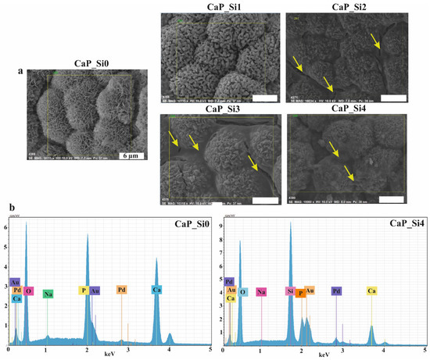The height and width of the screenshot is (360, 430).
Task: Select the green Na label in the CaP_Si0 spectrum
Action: pyautogui.click(x=48, y=294)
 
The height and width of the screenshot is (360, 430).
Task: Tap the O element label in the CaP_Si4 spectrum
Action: pyautogui.click(x=243, y=291)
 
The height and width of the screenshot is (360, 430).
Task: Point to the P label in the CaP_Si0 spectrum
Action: pyautogui.click(x=81, y=290)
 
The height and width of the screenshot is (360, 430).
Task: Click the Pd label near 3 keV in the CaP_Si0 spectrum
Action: pyautogui.click(x=121, y=289)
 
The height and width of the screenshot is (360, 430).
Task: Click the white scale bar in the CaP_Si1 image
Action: pyautogui.click(x=257, y=98)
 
